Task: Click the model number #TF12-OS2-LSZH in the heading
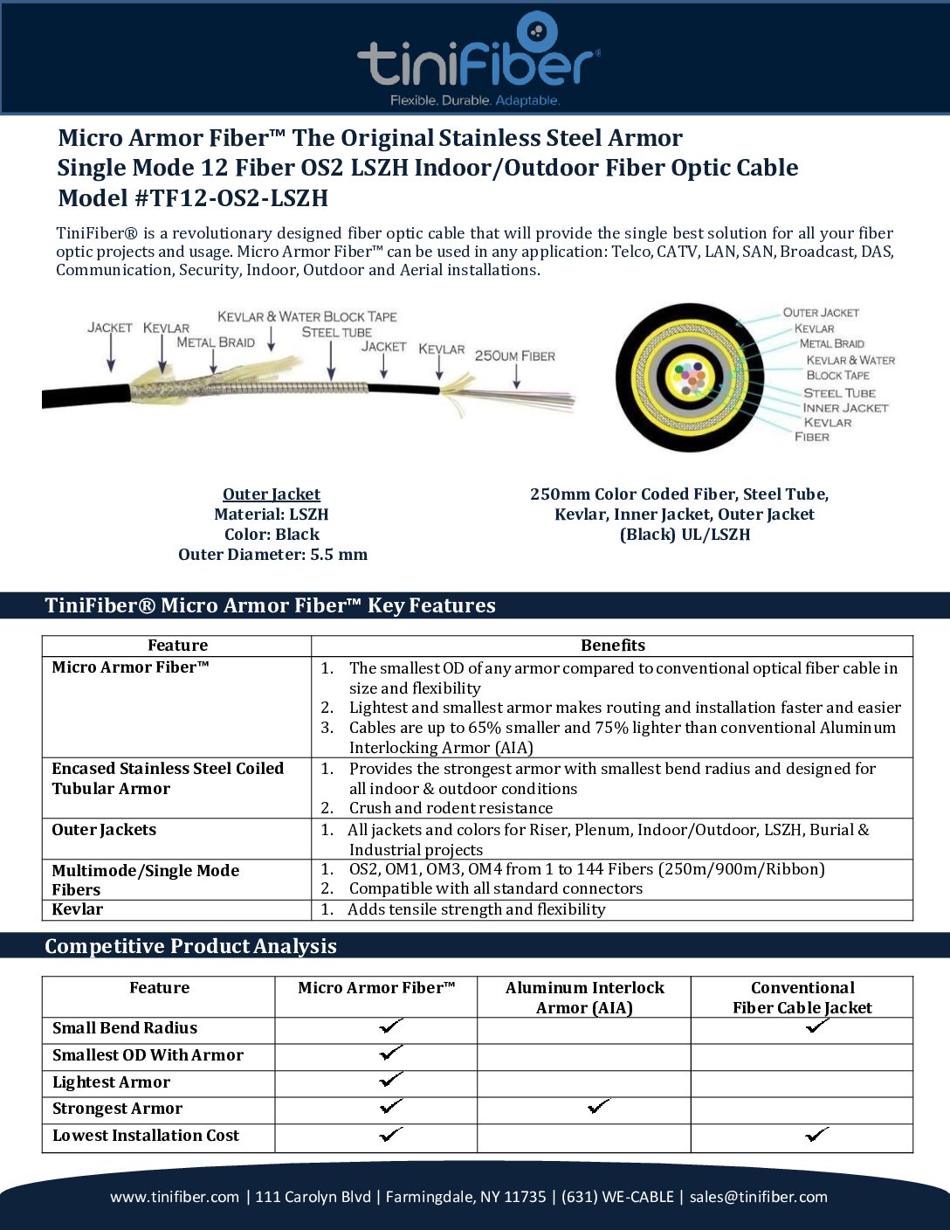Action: pyautogui.click(x=231, y=198)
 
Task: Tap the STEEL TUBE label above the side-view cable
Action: pyautogui.click(x=336, y=332)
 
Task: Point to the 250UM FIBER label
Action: pyautogui.click(x=514, y=356)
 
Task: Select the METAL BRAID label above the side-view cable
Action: pyautogui.click(x=216, y=342)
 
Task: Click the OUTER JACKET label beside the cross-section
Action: pyautogui.click(x=820, y=313)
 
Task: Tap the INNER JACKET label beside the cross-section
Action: pyautogui.click(x=844, y=408)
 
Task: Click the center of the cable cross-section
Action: pyautogui.click(x=691, y=377)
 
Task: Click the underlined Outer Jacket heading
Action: pyautogui.click(x=272, y=494)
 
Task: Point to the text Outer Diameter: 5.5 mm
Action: pyautogui.click(x=272, y=555)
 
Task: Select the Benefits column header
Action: pyautogui.click(x=612, y=646)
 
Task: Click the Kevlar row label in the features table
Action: pyautogui.click(x=77, y=909)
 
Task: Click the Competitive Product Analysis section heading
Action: pyautogui.click(x=190, y=946)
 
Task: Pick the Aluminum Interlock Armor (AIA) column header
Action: pyautogui.click(x=584, y=998)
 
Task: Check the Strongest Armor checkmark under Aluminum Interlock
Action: pyautogui.click(x=598, y=1107)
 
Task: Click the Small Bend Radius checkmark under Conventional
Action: pyautogui.click(x=817, y=1026)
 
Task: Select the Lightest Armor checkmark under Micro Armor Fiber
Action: pyautogui.click(x=391, y=1081)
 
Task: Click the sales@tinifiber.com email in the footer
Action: pyautogui.click(x=758, y=1197)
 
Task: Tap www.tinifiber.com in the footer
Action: pyautogui.click(x=174, y=1197)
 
